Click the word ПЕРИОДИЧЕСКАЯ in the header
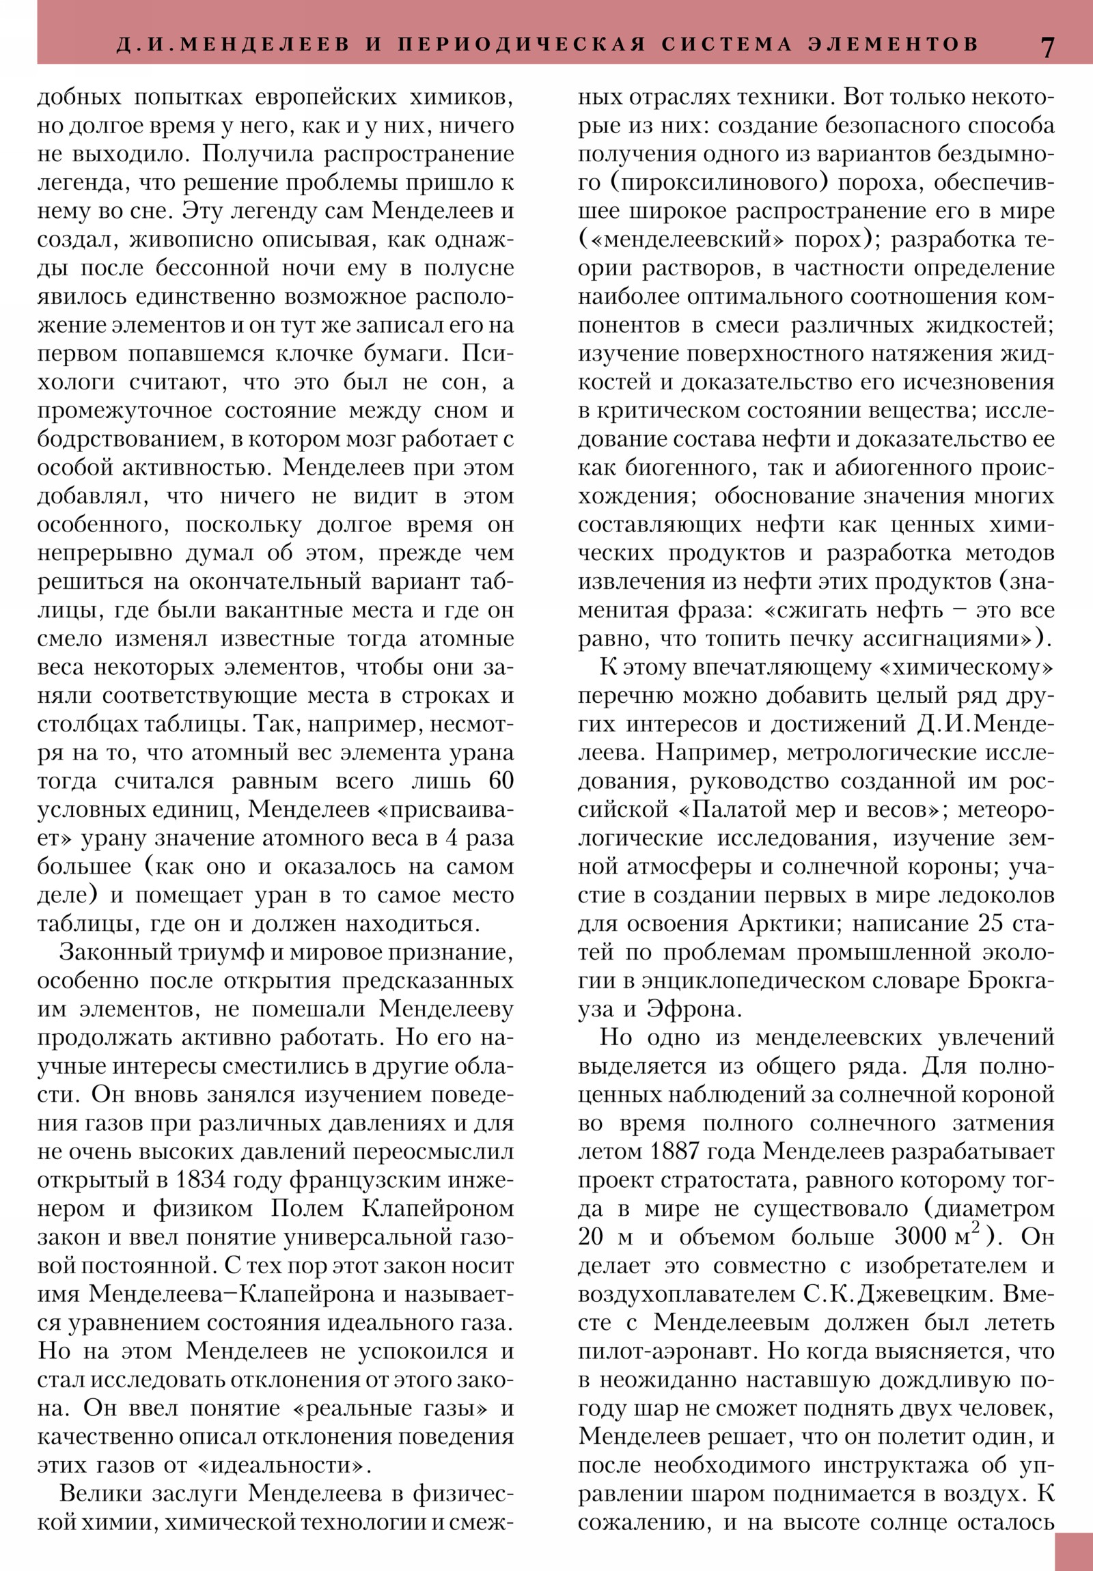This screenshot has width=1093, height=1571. click(522, 44)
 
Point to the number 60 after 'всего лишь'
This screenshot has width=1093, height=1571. click(501, 781)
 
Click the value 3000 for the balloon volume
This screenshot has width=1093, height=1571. click(921, 1238)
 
